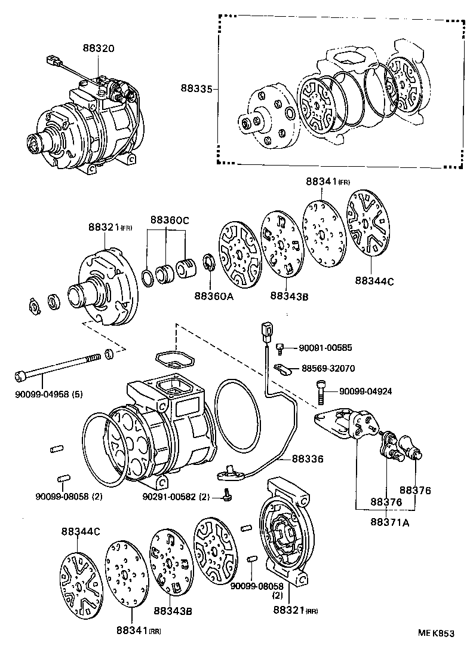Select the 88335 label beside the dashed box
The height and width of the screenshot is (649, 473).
pyautogui.click(x=196, y=88)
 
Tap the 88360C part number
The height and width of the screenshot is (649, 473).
pyautogui.click(x=169, y=220)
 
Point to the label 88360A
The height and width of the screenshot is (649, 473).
pyautogui.click(x=213, y=295)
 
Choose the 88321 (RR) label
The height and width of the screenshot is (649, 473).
pyautogui.click(x=295, y=610)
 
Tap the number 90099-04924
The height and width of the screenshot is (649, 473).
pyautogui.click(x=366, y=391)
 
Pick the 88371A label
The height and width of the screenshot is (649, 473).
pyautogui.click(x=389, y=522)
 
